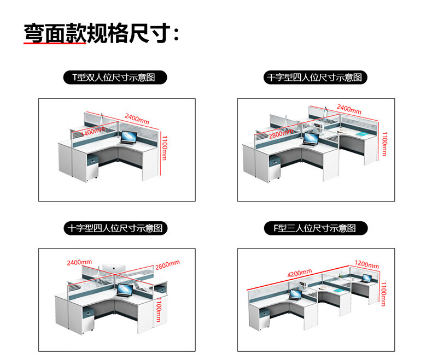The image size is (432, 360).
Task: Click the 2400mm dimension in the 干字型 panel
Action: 348,109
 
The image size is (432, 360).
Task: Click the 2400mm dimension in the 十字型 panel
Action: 79,263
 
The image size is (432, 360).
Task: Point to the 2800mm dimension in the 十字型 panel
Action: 167,265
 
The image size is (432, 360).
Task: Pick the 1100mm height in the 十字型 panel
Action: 158,310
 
